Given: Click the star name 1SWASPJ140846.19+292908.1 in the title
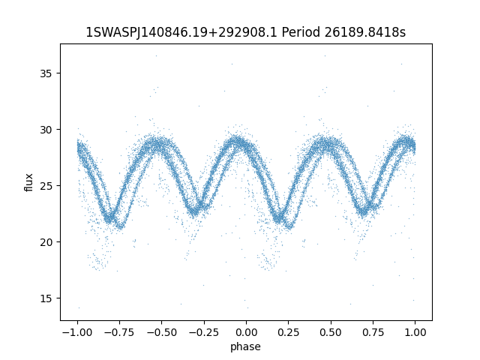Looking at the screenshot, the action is coord(181,32).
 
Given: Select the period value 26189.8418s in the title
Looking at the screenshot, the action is coord(365,31).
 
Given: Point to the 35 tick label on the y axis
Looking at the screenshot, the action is coord(46,73).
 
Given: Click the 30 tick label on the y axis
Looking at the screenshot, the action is coord(46,130).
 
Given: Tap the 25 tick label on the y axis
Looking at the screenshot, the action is coord(46,186).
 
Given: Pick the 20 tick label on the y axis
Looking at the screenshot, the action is coord(46,242).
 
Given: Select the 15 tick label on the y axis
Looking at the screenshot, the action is coord(46,298).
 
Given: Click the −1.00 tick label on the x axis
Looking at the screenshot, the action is coord(77,332).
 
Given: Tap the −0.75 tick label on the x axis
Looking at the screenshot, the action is coord(119,332).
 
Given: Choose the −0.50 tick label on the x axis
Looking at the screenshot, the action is coord(162,332).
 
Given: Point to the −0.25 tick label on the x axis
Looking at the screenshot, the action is coord(204,332).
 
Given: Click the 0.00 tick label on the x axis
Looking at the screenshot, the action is coord(247,332).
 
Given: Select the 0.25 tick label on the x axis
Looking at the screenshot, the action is coord(288,332).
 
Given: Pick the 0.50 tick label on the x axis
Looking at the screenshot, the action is coord(331,332).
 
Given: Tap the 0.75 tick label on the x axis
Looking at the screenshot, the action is coord(373,332).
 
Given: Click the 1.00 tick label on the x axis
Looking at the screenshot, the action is coord(415,332).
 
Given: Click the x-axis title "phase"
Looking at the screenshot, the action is coord(245,347).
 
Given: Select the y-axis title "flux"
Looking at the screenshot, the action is coord(28,182).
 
